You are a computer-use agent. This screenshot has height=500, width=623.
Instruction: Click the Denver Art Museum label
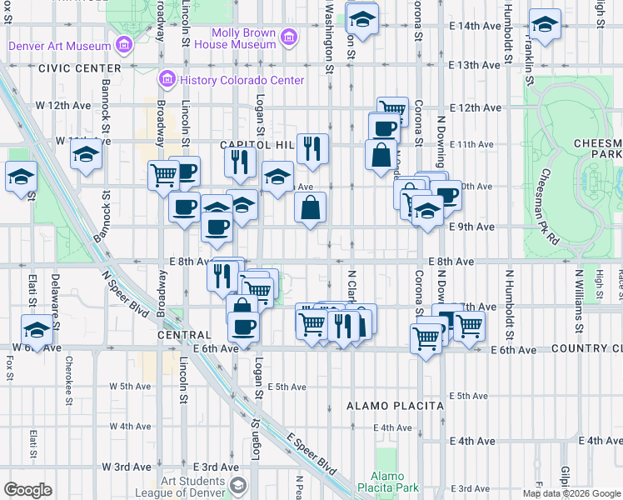59,46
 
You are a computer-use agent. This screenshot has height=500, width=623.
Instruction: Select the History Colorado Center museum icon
166,80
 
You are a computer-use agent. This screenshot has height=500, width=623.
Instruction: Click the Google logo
27,490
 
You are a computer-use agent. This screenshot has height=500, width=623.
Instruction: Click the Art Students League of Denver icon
238,485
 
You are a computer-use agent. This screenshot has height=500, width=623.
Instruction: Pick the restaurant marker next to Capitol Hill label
312,149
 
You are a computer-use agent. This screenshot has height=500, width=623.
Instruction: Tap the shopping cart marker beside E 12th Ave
391,110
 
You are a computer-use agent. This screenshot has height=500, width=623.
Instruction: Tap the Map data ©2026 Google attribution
571,493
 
